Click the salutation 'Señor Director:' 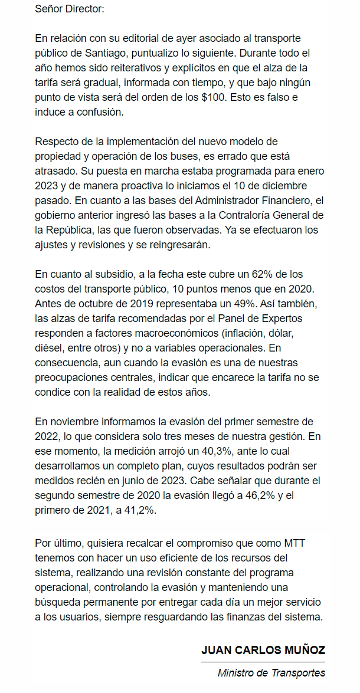point(70,9)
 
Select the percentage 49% point(243,303)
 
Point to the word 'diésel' point(51,347)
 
